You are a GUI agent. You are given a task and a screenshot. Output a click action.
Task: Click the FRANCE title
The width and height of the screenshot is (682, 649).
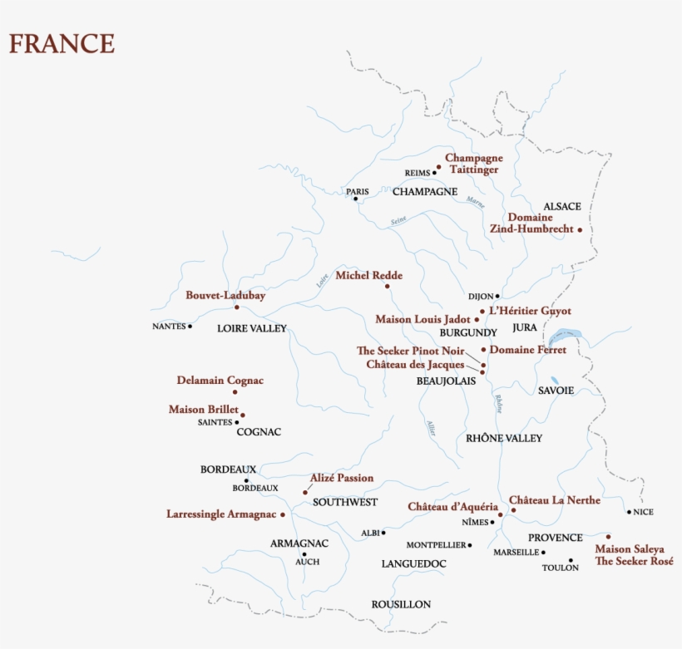point(62,43)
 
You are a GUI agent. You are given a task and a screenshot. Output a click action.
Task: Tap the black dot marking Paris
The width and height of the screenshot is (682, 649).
point(355,199)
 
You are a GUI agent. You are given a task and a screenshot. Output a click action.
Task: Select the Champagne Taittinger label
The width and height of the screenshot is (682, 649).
point(473,164)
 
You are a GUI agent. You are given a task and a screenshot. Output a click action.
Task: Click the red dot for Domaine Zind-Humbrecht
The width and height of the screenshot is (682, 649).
point(580,229)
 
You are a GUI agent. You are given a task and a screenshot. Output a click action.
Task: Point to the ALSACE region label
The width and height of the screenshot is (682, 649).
point(562,206)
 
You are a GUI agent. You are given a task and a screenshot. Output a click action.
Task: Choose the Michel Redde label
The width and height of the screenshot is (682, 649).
point(368,275)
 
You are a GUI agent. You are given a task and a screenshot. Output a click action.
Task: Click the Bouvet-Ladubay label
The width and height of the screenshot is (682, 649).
point(214,295)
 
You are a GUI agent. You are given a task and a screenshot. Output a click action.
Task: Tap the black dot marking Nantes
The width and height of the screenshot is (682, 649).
point(190,327)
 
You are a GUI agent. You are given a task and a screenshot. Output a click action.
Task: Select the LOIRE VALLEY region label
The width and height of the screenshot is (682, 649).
point(251,328)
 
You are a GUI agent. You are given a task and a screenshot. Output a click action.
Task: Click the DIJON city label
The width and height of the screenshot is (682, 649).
point(480,296)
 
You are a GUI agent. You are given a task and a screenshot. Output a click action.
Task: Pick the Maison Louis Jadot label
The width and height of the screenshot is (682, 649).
point(423,319)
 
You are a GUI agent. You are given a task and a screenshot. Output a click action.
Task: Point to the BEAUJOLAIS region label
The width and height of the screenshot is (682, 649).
point(446,381)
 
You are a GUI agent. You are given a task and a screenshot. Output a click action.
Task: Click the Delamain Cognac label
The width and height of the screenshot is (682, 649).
point(220,381)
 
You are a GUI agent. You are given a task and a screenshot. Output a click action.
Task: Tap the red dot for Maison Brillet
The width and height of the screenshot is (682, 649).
point(242,415)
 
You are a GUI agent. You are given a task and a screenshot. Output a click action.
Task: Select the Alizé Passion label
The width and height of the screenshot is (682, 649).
point(341,478)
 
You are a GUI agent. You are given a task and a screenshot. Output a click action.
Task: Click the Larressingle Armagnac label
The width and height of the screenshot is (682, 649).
point(220,514)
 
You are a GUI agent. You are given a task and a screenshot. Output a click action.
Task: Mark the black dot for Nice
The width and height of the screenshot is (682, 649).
point(629,512)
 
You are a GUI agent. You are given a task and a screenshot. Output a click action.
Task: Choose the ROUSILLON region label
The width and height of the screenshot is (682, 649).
point(401,604)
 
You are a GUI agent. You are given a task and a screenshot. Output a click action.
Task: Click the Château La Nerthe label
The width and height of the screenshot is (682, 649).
point(554,500)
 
